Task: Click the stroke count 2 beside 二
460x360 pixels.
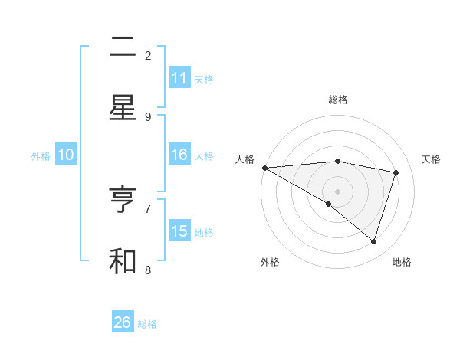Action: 148,55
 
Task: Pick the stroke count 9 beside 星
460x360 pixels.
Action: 148,116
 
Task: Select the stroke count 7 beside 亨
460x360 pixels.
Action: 148,208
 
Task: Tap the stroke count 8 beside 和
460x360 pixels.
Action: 148,269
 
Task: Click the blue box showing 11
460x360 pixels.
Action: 179,78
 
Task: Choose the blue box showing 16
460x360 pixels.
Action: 179,155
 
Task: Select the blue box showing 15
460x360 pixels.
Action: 179,231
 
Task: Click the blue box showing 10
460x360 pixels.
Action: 66,155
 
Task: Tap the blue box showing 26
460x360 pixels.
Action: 123,322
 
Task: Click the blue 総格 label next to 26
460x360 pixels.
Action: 148,324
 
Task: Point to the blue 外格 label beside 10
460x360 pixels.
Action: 41,155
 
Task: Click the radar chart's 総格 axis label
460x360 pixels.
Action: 337,100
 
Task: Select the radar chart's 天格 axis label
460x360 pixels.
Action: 432,159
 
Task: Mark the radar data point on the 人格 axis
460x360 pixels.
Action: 264,168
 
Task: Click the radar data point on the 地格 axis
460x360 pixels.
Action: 374,241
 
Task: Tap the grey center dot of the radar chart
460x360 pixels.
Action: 337,191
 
